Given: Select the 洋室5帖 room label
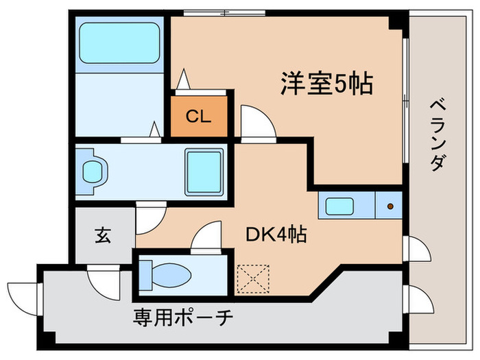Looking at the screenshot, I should [x=326, y=84].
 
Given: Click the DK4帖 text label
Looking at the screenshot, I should [x=276, y=235].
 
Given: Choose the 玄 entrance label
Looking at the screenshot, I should [x=103, y=235].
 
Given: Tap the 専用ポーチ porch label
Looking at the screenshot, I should [x=183, y=317].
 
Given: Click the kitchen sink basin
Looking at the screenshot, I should [x=340, y=205].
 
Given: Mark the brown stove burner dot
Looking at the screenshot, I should [x=390, y=205].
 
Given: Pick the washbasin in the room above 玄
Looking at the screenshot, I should [x=92, y=171].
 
